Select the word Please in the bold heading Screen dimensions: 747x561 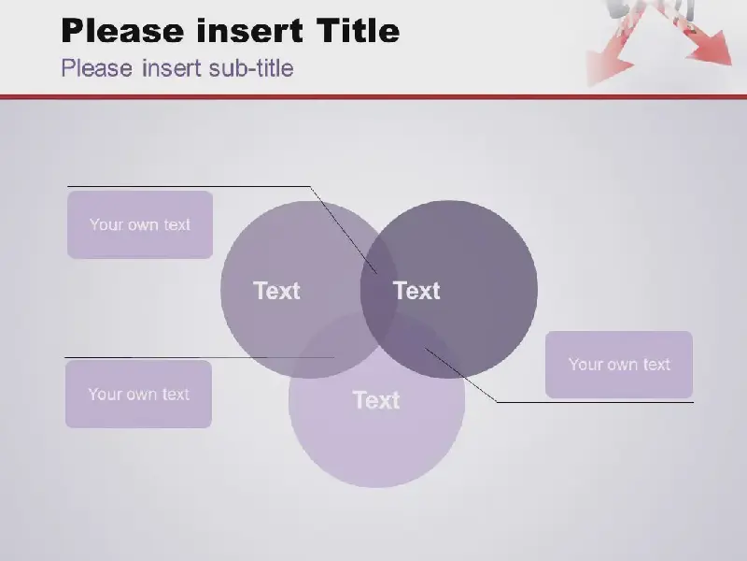[x=122, y=30]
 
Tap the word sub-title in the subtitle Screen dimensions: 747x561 [x=251, y=67]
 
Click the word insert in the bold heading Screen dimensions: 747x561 [x=249, y=30]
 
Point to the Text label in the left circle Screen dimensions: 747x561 [x=276, y=291]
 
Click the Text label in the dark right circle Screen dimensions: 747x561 [x=416, y=291]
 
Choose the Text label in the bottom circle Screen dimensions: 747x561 [x=376, y=400]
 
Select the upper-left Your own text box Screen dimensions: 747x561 [x=140, y=224]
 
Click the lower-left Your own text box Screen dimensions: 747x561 [x=138, y=394]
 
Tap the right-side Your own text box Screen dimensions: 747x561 [x=619, y=365]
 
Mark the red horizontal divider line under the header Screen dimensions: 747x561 [x=373, y=97]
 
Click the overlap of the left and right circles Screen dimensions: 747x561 [x=379, y=290]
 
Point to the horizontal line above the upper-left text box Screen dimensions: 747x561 [x=189, y=186]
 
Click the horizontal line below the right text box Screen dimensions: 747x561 [x=595, y=402]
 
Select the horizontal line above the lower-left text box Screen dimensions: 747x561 [x=199, y=357]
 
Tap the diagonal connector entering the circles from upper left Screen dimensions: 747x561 [x=344, y=230]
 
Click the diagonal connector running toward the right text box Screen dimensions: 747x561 [x=461, y=375]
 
